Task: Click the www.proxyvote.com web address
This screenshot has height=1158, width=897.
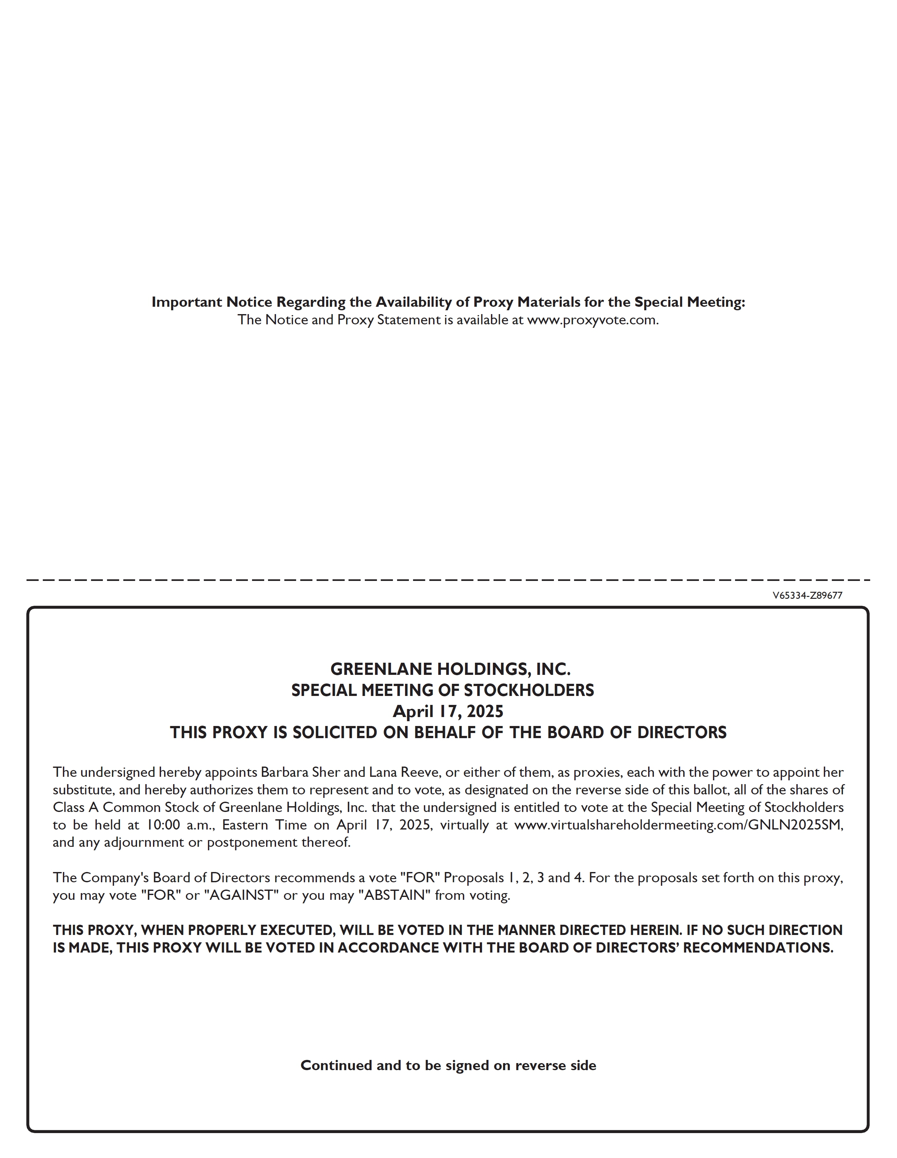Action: [592, 320]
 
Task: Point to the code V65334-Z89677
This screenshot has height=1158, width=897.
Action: [807, 595]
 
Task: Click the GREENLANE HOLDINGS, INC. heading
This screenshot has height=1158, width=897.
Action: [450, 669]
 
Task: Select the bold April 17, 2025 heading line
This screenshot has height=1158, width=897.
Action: [448, 712]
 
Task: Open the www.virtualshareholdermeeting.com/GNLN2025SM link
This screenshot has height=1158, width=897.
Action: [678, 825]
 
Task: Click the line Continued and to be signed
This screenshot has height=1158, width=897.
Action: [448, 1066]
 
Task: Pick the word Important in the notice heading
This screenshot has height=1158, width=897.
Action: [187, 302]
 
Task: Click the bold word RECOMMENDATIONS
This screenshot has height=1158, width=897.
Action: [758, 948]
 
